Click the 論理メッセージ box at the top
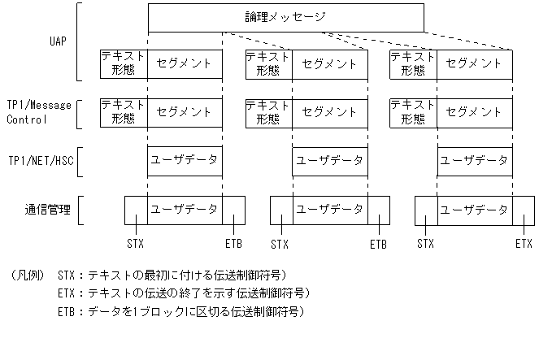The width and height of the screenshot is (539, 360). tap(285, 16)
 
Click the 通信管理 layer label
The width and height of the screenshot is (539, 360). tap(46, 210)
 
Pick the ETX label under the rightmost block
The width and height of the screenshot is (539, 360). tap(523, 243)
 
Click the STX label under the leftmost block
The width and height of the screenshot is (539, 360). tap(136, 243)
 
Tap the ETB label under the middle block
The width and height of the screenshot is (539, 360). tap(378, 243)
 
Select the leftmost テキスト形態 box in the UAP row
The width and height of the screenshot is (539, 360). tap(123, 63)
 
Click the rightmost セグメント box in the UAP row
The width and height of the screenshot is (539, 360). tap(475, 63)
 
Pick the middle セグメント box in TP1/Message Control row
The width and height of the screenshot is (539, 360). tap(329, 112)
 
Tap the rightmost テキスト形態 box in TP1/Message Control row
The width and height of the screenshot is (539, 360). tap(413, 112)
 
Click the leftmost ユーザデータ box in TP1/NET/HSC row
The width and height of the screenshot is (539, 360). tap(185, 161)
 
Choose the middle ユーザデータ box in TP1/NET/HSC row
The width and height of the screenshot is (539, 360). tap(329, 161)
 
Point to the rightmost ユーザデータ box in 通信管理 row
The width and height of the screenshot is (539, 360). tap(475, 210)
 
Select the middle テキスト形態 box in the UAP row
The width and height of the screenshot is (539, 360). tap(268, 63)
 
